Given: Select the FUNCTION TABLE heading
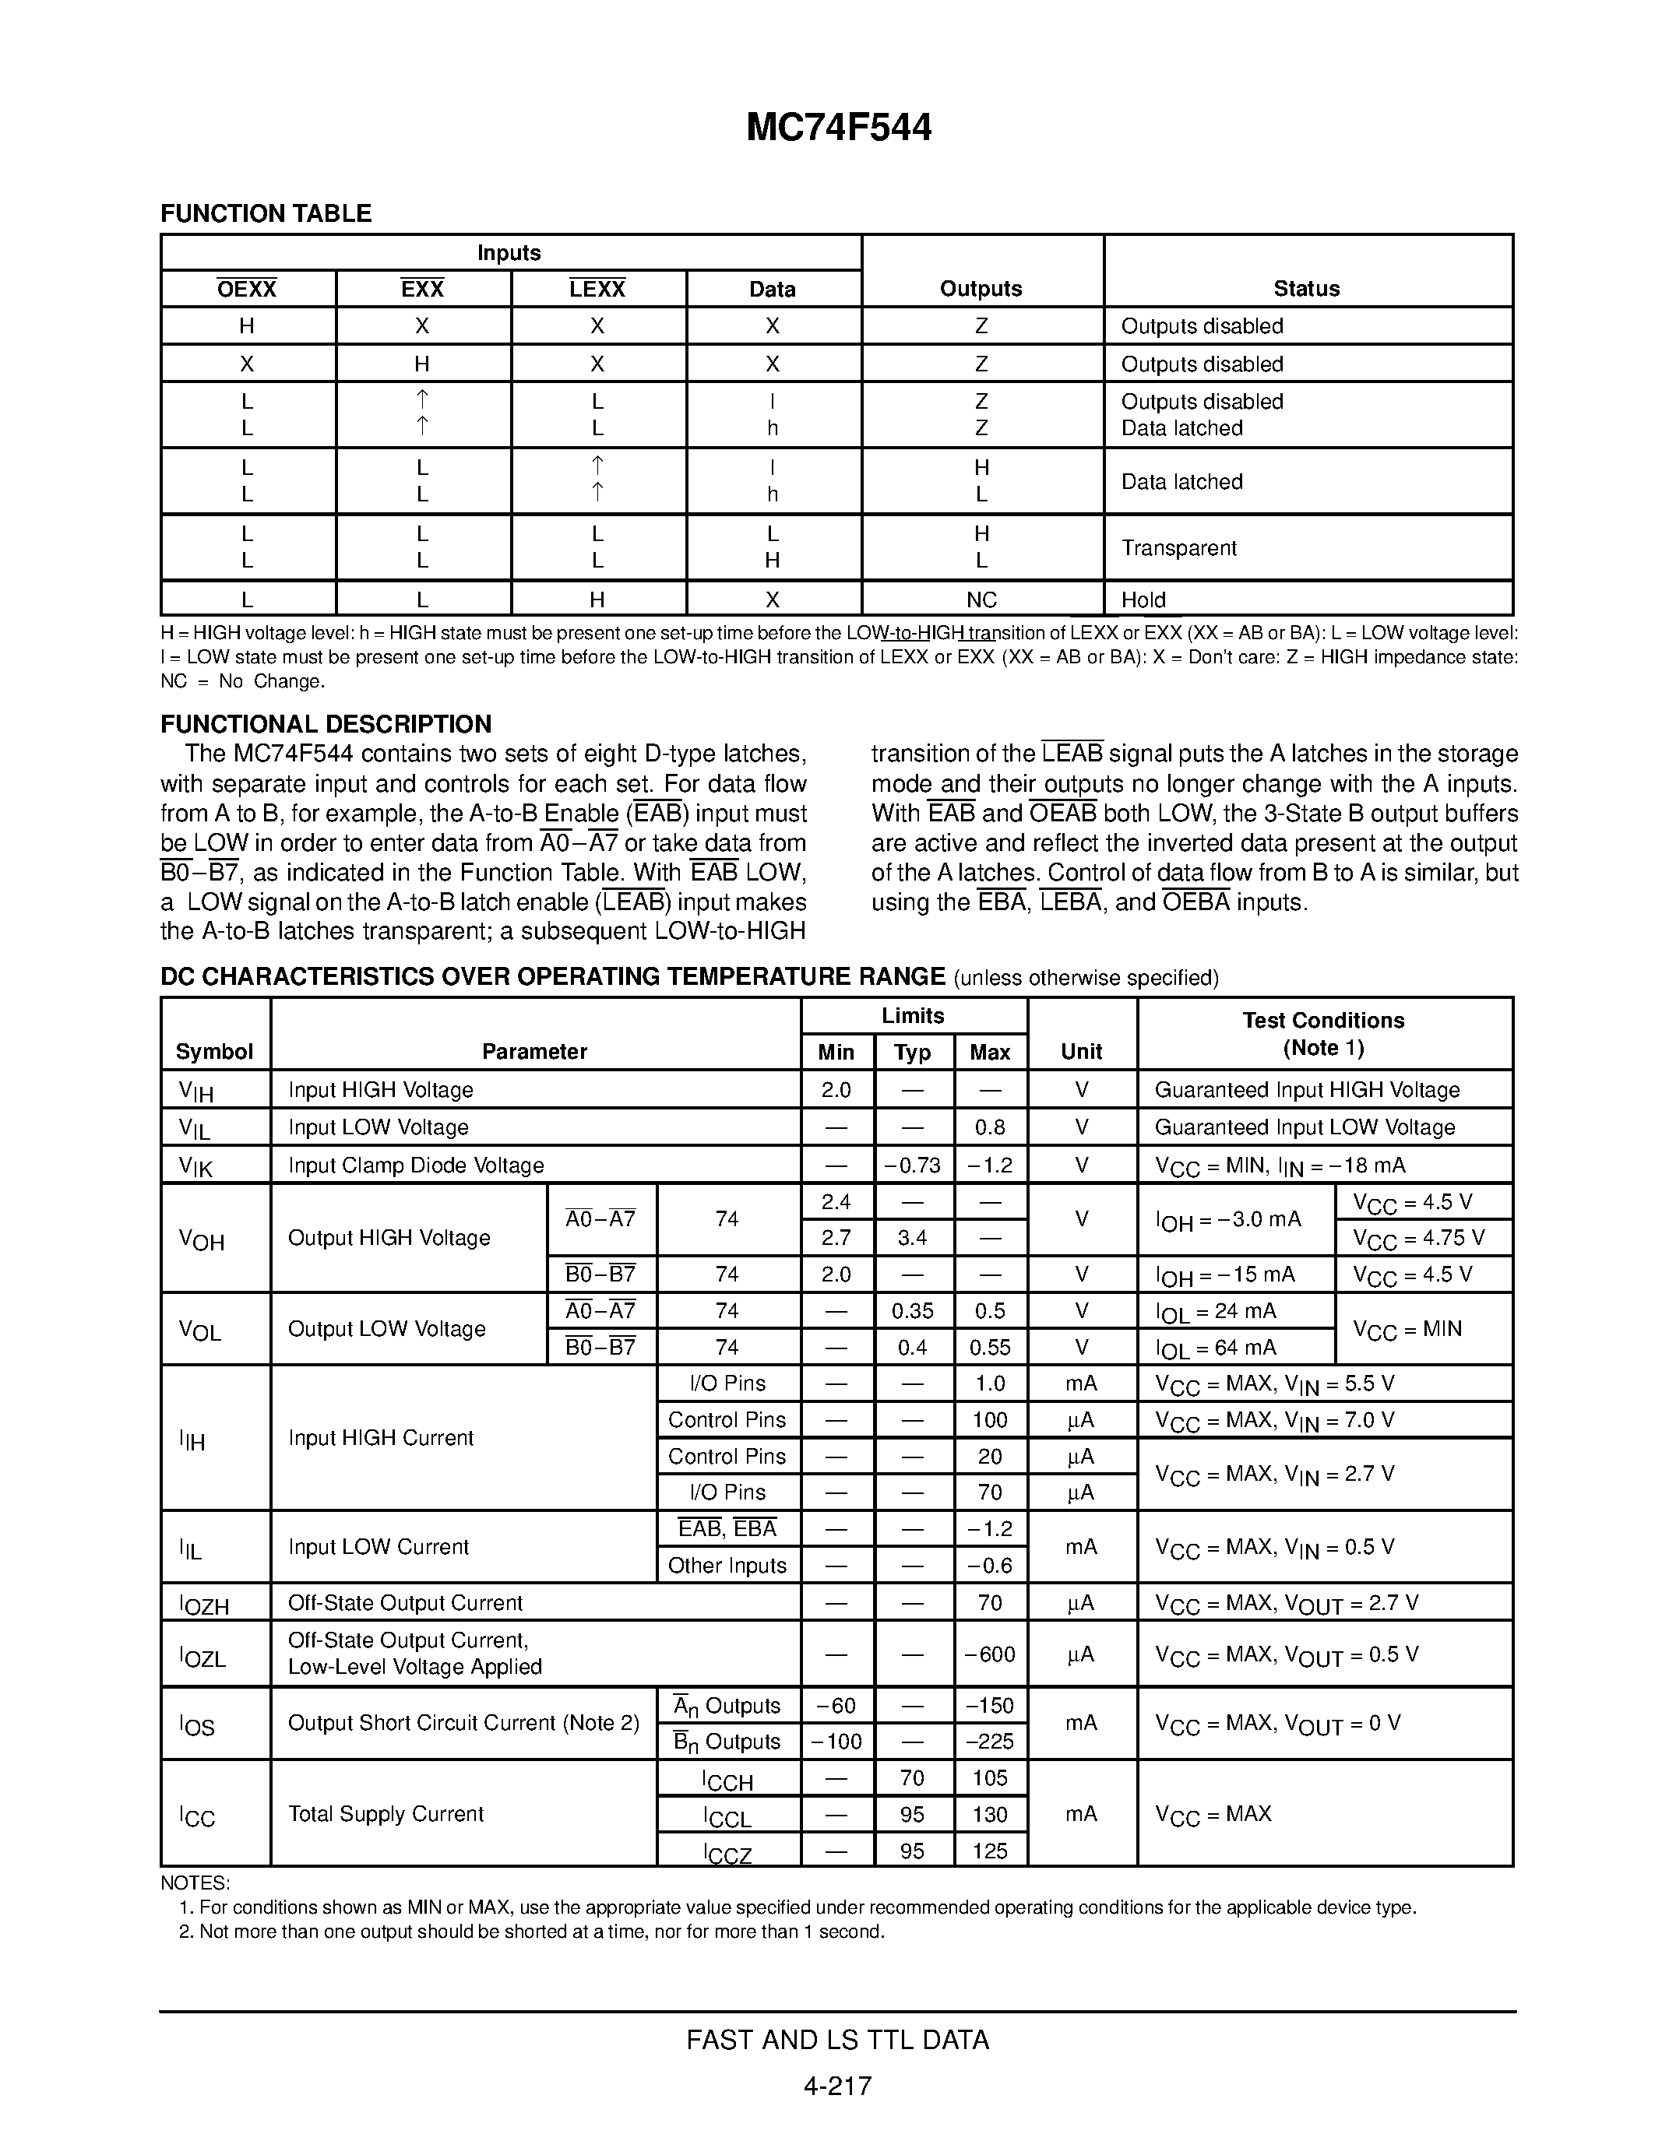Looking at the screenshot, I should pos(266,213).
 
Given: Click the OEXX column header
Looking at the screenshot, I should pos(247,289).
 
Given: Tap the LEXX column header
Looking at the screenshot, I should pos(597,289).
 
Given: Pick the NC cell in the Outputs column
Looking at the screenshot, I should pos(981,600).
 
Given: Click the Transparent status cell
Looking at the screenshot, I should pos(1178,548).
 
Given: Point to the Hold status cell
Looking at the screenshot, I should pos(1143,600).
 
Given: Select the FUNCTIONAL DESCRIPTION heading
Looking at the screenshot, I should pos(326,725).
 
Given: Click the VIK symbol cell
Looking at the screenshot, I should pos(196,1166).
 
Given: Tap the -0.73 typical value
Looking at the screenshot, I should pos(913,1165).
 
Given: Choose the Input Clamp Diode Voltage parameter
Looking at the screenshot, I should pos(416,1165).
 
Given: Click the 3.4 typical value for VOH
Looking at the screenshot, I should pos(913,1238).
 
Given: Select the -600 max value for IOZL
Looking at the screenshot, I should pos(989,1654).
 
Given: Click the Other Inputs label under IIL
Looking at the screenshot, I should pos(727,1566).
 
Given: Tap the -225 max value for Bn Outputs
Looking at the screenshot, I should pos(989,1742).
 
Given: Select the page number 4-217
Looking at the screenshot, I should pos(837,2086).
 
